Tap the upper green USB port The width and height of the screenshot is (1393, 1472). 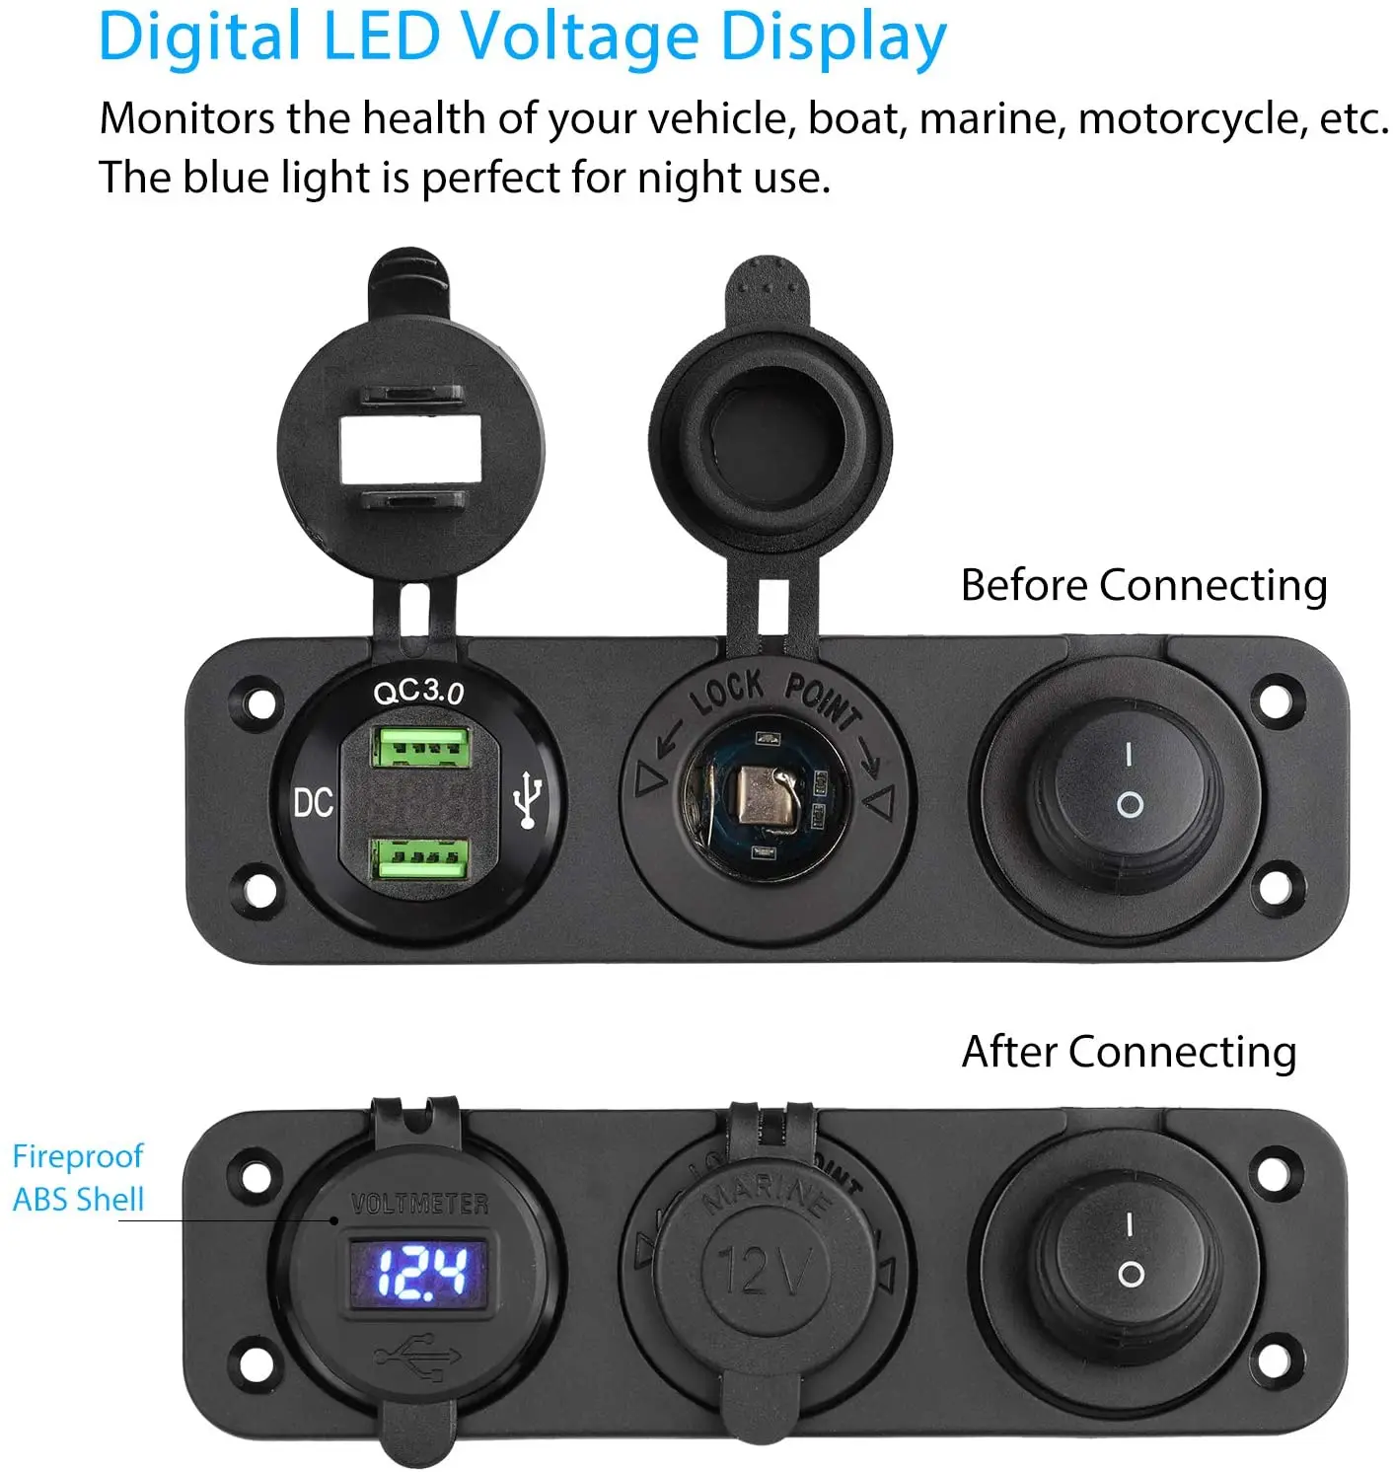tap(419, 746)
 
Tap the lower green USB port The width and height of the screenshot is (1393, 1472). tap(419, 857)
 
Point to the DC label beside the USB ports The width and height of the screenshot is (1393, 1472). tap(314, 803)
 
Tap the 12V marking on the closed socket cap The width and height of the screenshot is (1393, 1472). tap(764, 1270)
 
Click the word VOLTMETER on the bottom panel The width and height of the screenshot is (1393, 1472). tap(420, 1204)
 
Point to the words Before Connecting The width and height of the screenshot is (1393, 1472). tap(1143, 585)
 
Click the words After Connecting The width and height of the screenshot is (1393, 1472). tap(1129, 1052)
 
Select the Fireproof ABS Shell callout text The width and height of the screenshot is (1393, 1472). tap(78, 1178)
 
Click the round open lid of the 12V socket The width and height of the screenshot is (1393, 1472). tap(772, 434)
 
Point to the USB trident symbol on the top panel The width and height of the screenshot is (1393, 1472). tap(530, 799)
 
